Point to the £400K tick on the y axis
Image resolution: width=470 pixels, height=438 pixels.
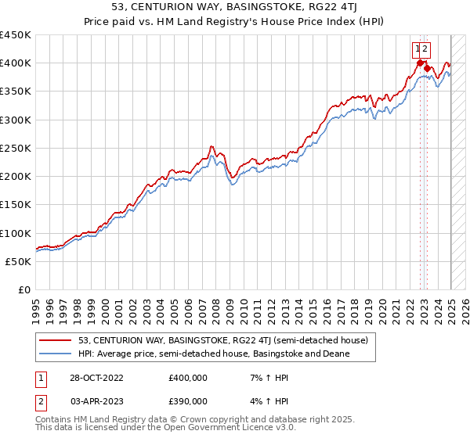tap(15, 63)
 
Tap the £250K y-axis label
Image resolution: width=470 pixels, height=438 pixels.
tap(15, 148)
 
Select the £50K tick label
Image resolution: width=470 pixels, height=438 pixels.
tap(18, 261)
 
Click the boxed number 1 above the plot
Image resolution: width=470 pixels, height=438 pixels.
tap(417, 48)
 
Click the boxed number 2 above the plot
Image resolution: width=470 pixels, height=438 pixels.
tap(425, 48)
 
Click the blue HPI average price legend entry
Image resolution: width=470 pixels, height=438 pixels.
tap(213, 354)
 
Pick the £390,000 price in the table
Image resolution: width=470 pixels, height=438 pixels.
tap(188, 401)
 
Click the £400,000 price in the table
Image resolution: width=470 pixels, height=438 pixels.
tap(188, 378)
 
